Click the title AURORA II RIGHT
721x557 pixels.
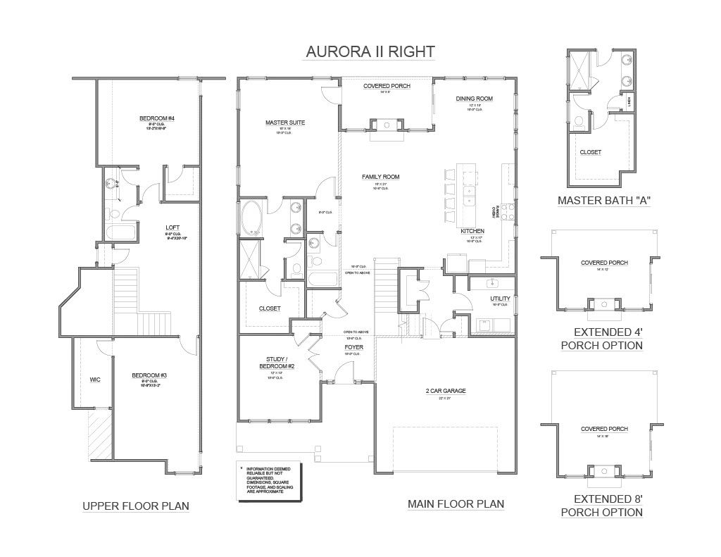click(x=370, y=52)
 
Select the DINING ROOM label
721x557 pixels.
click(x=474, y=99)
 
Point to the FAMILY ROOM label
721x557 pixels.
click(x=380, y=177)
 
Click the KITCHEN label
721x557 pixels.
click(x=472, y=231)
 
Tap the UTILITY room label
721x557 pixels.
click(x=500, y=299)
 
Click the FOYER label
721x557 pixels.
click(x=353, y=348)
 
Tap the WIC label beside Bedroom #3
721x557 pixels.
click(x=95, y=380)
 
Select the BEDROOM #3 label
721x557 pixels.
click(x=149, y=376)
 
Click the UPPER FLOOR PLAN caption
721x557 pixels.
click(x=136, y=506)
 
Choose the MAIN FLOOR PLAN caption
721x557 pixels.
click(x=456, y=503)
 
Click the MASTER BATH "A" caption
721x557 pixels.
click(x=603, y=200)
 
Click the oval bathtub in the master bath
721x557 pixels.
click(x=251, y=218)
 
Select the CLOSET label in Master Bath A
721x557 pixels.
click(x=590, y=152)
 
